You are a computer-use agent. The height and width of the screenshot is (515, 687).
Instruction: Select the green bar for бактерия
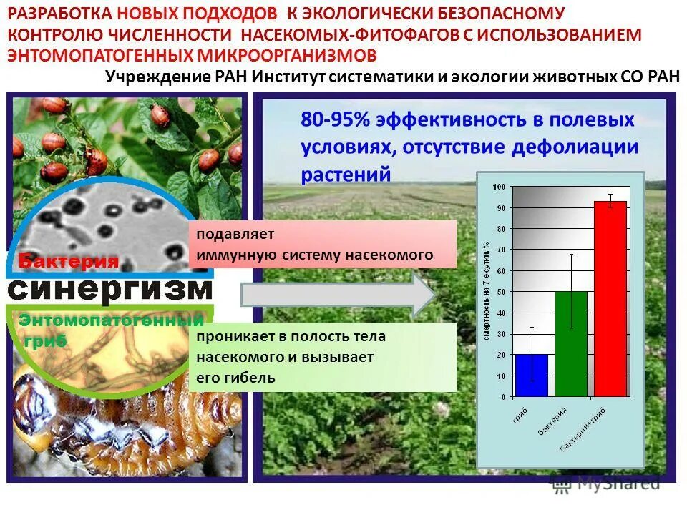coord(570,344)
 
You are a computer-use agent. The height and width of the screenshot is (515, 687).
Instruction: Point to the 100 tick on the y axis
coord(499,187)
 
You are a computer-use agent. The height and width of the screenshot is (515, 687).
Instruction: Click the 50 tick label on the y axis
coord(500,292)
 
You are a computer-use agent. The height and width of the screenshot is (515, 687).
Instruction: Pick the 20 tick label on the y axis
coord(500,355)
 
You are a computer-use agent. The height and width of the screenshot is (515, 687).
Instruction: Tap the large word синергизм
coord(111,290)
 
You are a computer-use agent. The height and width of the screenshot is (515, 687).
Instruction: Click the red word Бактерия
coord(69,261)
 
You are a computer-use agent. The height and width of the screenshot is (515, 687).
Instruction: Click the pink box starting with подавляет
coord(322,244)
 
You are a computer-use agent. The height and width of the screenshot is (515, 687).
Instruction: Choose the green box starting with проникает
coord(322,357)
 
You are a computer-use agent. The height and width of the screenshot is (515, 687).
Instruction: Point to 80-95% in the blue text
coord(335,119)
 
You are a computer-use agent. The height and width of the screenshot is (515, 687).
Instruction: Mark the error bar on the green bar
coord(570,290)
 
